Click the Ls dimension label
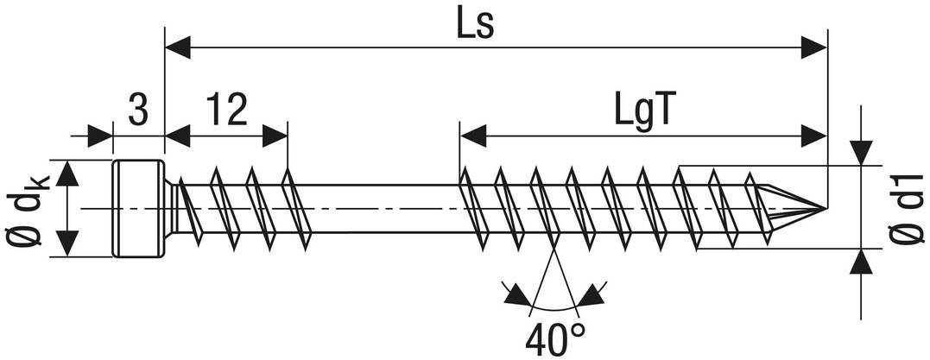pyautogui.click(x=475, y=23)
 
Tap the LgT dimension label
pyautogui.click(x=643, y=111)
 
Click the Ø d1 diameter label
pyautogui.click(x=907, y=207)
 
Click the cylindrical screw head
pyautogui.click(x=139, y=209)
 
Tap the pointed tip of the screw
pyautogui.click(x=826, y=208)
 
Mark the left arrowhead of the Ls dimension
pyautogui.click(x=177, y=47)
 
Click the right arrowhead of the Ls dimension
pyautogui.click(x=813, y=47)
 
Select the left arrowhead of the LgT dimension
pyautogui.click(x=472, y=136)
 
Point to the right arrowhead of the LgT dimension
pyautogui.click(x=813, y=136)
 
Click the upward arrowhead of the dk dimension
pyautogui.click(x=67, y=173)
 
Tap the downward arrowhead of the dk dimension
pyautogui.click(x=67, y=244)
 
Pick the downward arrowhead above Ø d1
pyautogui.click(x=861, y=152)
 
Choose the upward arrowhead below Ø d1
pyautogui.click(x=861, y=262)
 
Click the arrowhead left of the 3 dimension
pyautogui.click(x=100, y=136)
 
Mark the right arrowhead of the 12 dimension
pyautogui.click(x=275, y=136)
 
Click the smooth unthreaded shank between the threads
pyautogui.click(x=384, y=209)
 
